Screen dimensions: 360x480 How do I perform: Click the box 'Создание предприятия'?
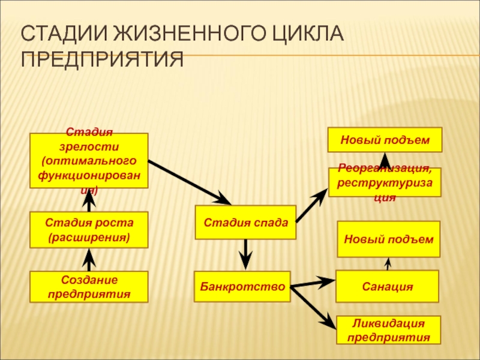pyautogui.click(x=89, y=287)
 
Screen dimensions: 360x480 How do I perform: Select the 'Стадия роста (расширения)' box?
pyautogui.click(x=89, y=230)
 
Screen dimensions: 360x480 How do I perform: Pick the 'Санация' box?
pyautogui.click(x=387, y=286)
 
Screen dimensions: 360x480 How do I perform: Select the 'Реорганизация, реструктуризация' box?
pyautogui.click(x=385, y=183)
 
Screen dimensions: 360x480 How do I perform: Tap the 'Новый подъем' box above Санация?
pyautogui.click(x=388, y=239)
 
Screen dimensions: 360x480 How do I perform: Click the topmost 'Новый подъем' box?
pyautogui.click(x=385, y=140)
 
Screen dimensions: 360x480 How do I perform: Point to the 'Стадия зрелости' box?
pyautogui.click(x=89, y=161)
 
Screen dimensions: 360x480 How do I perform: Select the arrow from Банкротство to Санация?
pyautogui.click(x=312, y=283)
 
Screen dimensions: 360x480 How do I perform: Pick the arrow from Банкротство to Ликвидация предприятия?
pyautogui.click(x=313, y=307)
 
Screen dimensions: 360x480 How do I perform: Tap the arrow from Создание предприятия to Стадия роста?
pyautogui.click(x=89, y=260)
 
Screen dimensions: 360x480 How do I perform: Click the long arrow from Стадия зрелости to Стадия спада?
pyautogui.click(x=189, y=183)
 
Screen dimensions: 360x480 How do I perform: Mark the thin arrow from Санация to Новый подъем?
pyautogui.click(x=388, y=264)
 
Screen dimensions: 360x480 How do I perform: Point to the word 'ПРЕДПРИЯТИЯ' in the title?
pyautogui.click(x=102, y=60)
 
